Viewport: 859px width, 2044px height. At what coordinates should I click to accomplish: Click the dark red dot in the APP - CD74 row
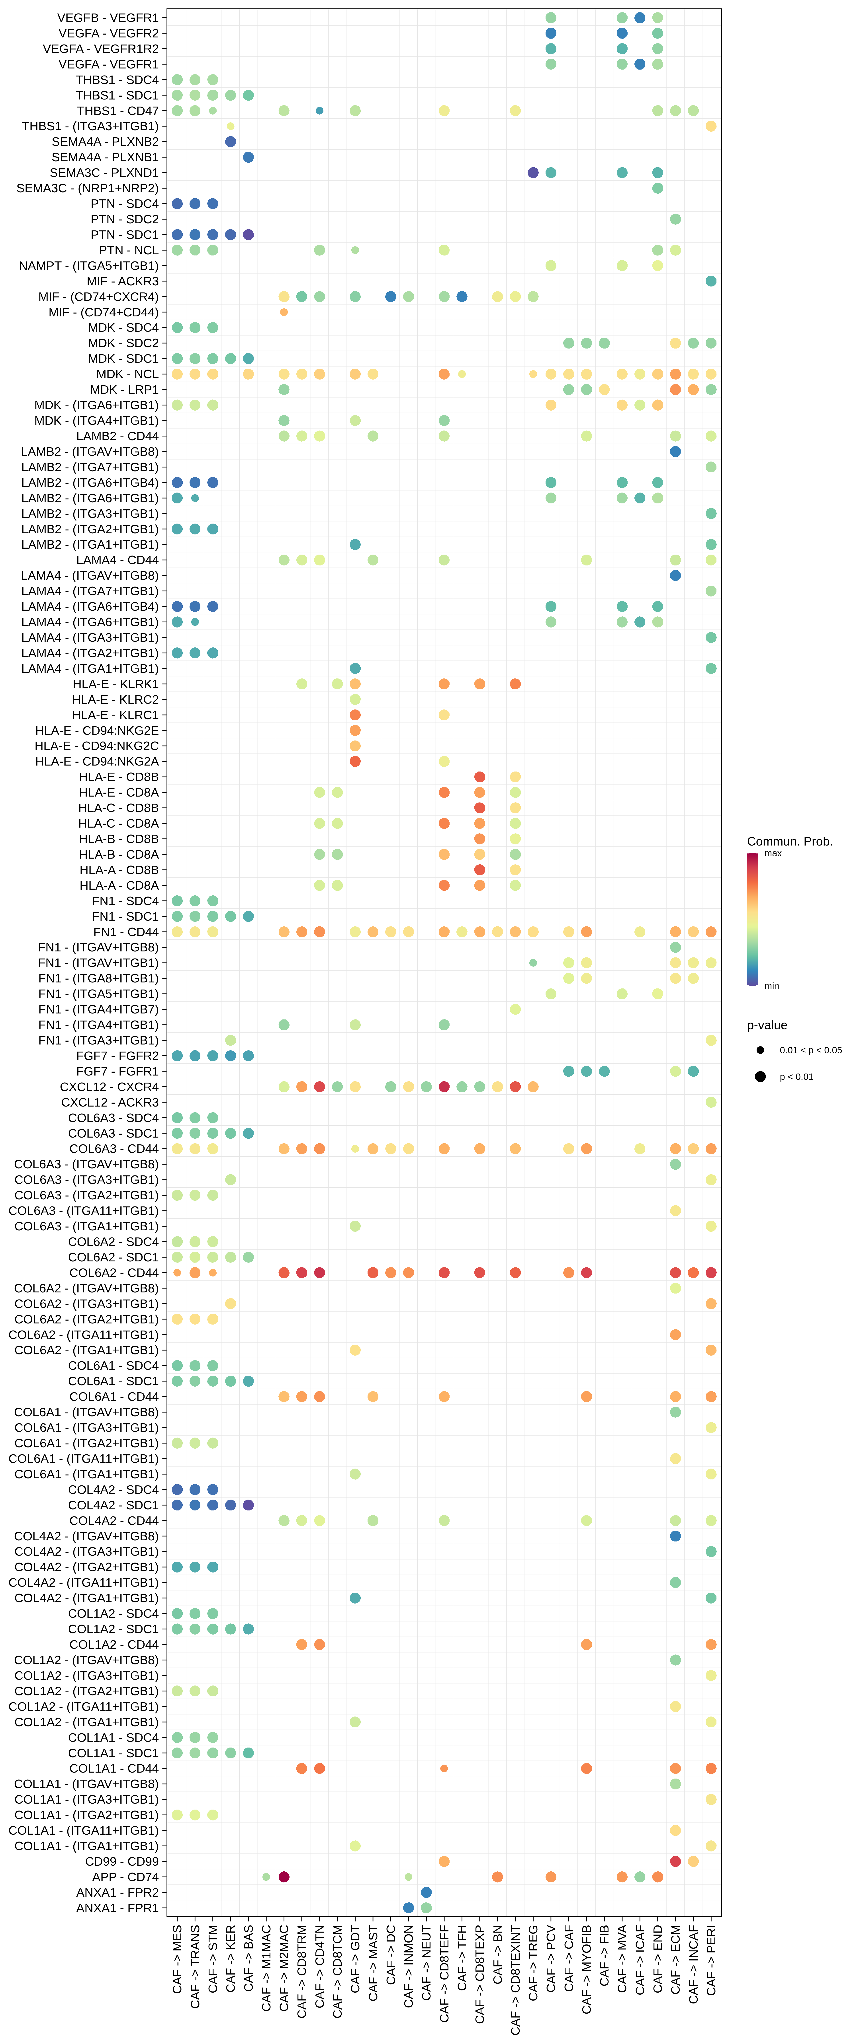point(284,1876)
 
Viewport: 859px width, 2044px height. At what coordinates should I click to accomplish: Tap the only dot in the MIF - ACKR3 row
point(710,281)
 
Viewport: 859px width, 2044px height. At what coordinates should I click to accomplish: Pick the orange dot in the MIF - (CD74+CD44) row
point(284,312)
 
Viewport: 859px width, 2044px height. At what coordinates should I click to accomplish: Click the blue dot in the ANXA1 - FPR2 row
point(426,1892)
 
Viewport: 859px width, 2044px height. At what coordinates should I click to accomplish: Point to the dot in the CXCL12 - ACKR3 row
point(710,1102)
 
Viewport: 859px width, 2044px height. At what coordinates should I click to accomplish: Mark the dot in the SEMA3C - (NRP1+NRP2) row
point(657,188)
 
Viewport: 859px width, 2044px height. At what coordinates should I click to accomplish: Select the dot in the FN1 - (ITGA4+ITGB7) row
point(515,1009)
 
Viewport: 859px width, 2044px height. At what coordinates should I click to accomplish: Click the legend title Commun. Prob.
point(789,841)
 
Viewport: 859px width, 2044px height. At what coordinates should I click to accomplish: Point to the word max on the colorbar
point(773,854)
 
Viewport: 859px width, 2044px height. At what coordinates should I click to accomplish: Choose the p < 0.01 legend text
point(796,1077)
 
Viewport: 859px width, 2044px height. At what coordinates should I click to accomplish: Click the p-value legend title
point(767,1025)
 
